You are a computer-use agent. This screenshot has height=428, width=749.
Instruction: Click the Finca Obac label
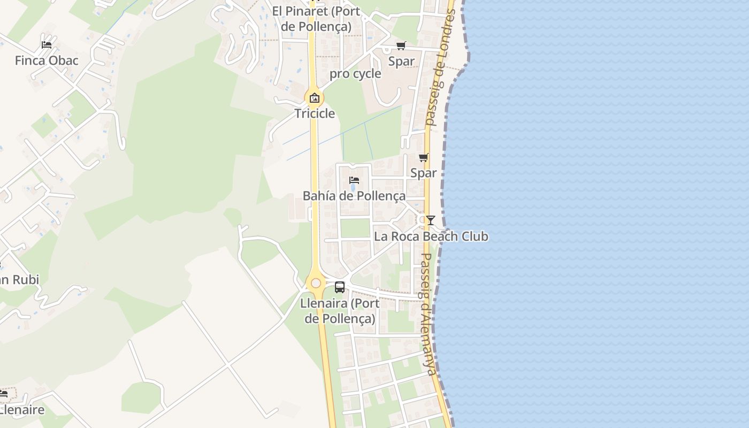coord(47,60)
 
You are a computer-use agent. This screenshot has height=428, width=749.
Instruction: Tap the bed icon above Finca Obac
coord(47,44)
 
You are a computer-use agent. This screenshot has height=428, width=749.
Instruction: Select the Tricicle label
coord(315,113)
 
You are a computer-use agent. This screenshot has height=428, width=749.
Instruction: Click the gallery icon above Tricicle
coord(315,98)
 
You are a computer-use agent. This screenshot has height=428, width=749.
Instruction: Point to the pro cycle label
coord(355,74)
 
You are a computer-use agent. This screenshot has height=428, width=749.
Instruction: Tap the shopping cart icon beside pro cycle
coord(401,46)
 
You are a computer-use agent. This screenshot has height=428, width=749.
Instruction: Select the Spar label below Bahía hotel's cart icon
coord(423,173)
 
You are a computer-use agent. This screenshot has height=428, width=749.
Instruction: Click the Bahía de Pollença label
coord(354,196)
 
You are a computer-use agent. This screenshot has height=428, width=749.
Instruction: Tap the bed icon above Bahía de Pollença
coord(354,180)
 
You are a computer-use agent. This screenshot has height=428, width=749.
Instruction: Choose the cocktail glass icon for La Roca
coord(430,220)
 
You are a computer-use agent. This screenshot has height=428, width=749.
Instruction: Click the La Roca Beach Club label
coord(431,236)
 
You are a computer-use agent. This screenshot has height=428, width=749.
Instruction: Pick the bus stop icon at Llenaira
coord(340,287)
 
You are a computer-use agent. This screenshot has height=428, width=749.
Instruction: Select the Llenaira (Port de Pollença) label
coord(340,311)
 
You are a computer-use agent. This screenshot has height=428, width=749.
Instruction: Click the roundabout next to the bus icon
coord(316,283)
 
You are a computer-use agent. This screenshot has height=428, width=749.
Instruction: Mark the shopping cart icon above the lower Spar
coord(423,157)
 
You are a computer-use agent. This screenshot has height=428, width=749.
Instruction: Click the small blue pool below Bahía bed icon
coord(353,188)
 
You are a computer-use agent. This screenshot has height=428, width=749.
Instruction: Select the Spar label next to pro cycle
coord(401,62)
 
